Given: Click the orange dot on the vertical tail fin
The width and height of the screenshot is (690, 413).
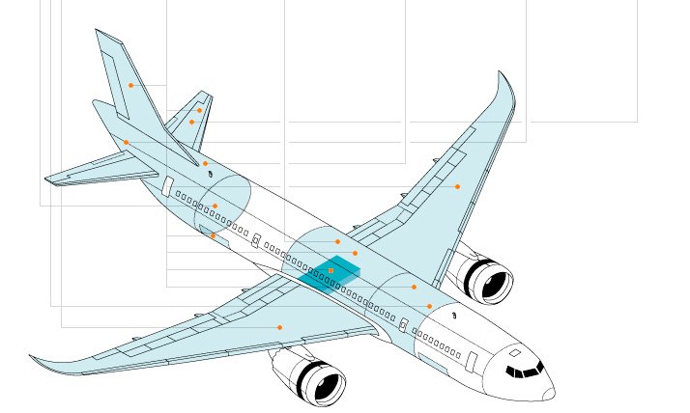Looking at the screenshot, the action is pos(130,85).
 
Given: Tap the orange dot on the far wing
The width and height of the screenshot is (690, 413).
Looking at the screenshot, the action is pos(457,186).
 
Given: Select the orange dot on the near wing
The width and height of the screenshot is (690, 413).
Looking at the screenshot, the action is pos(279,327).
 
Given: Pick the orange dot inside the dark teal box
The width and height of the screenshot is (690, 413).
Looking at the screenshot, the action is pos(331,271).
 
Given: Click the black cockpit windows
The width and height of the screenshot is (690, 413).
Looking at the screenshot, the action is pos(524,371).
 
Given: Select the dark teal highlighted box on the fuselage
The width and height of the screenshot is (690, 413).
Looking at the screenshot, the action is pos(330,272).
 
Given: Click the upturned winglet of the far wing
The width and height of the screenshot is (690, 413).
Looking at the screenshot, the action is pos(505,92).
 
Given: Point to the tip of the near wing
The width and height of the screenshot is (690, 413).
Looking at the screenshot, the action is pos(34,358).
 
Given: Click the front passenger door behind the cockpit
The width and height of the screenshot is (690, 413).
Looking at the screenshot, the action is pos(472,361).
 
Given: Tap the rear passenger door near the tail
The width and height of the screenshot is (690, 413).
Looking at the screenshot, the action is pos(167,186).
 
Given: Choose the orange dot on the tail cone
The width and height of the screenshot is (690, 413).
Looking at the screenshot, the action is pos(126,143).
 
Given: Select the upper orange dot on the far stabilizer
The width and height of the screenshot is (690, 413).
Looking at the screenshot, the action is pos(199,110).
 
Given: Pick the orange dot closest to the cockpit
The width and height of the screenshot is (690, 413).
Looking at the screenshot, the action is pos(430,306).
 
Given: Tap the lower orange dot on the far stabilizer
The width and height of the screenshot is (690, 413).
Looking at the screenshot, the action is pos(191,123).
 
